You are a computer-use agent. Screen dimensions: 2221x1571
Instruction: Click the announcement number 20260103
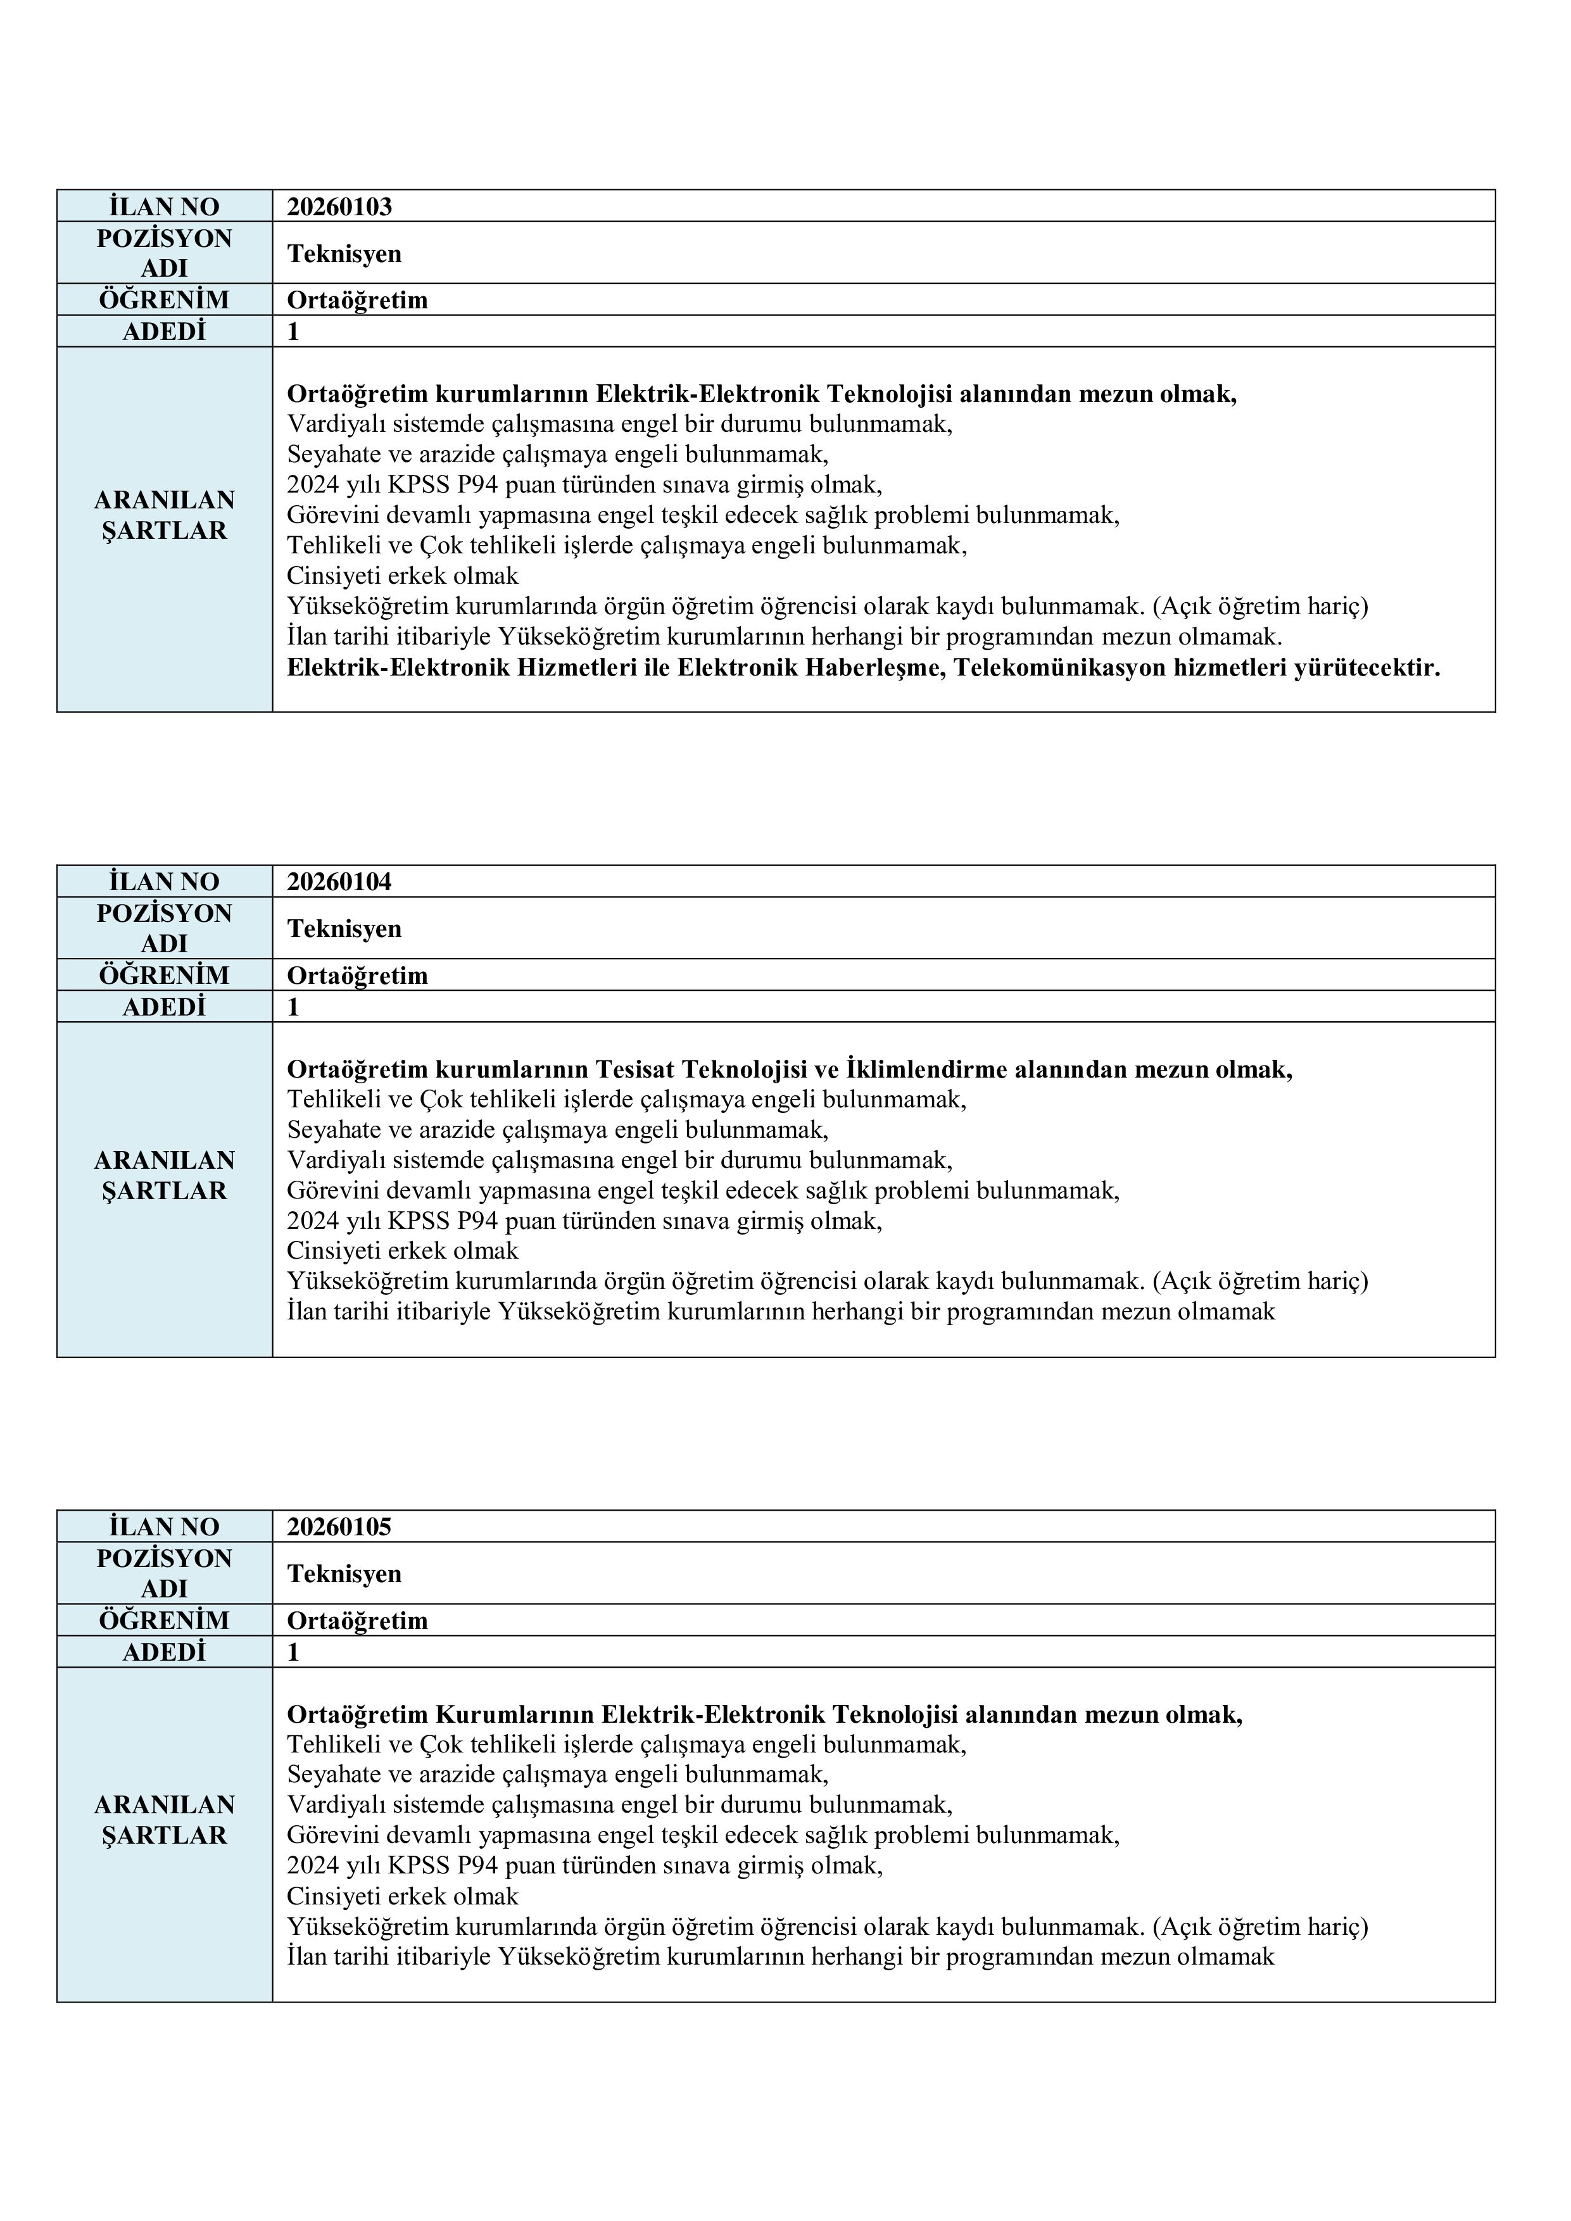point(339,207)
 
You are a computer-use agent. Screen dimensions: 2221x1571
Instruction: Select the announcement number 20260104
point(339,882)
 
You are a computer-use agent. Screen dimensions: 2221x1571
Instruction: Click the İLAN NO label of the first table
point(165,207)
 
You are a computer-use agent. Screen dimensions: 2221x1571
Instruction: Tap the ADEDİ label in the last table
point(165,1653)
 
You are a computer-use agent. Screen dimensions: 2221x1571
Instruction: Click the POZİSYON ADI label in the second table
point(165,929)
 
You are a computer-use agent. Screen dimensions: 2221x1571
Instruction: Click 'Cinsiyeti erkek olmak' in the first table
point(403,577)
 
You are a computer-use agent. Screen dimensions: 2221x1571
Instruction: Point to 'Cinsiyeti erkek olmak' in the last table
point(403,1897)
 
